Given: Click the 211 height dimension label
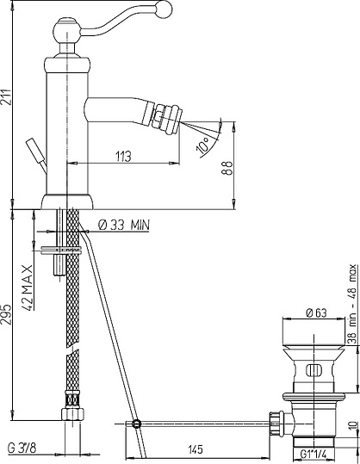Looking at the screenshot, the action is [x=6, y=96].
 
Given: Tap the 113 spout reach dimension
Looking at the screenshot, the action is [x=123, y=156].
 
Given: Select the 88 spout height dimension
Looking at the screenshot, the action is [x=227, y=168].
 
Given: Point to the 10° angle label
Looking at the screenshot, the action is [x=203, y=145].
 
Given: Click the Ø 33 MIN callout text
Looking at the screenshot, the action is [x=124, y=226].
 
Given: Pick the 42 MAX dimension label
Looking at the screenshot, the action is [x=28, y=288].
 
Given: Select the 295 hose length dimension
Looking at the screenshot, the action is [x=6, y=314].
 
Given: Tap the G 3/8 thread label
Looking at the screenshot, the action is [x=22, y=449].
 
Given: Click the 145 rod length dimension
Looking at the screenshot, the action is [x=196, y=449].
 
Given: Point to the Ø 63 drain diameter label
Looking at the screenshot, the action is [x=316, y=312].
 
